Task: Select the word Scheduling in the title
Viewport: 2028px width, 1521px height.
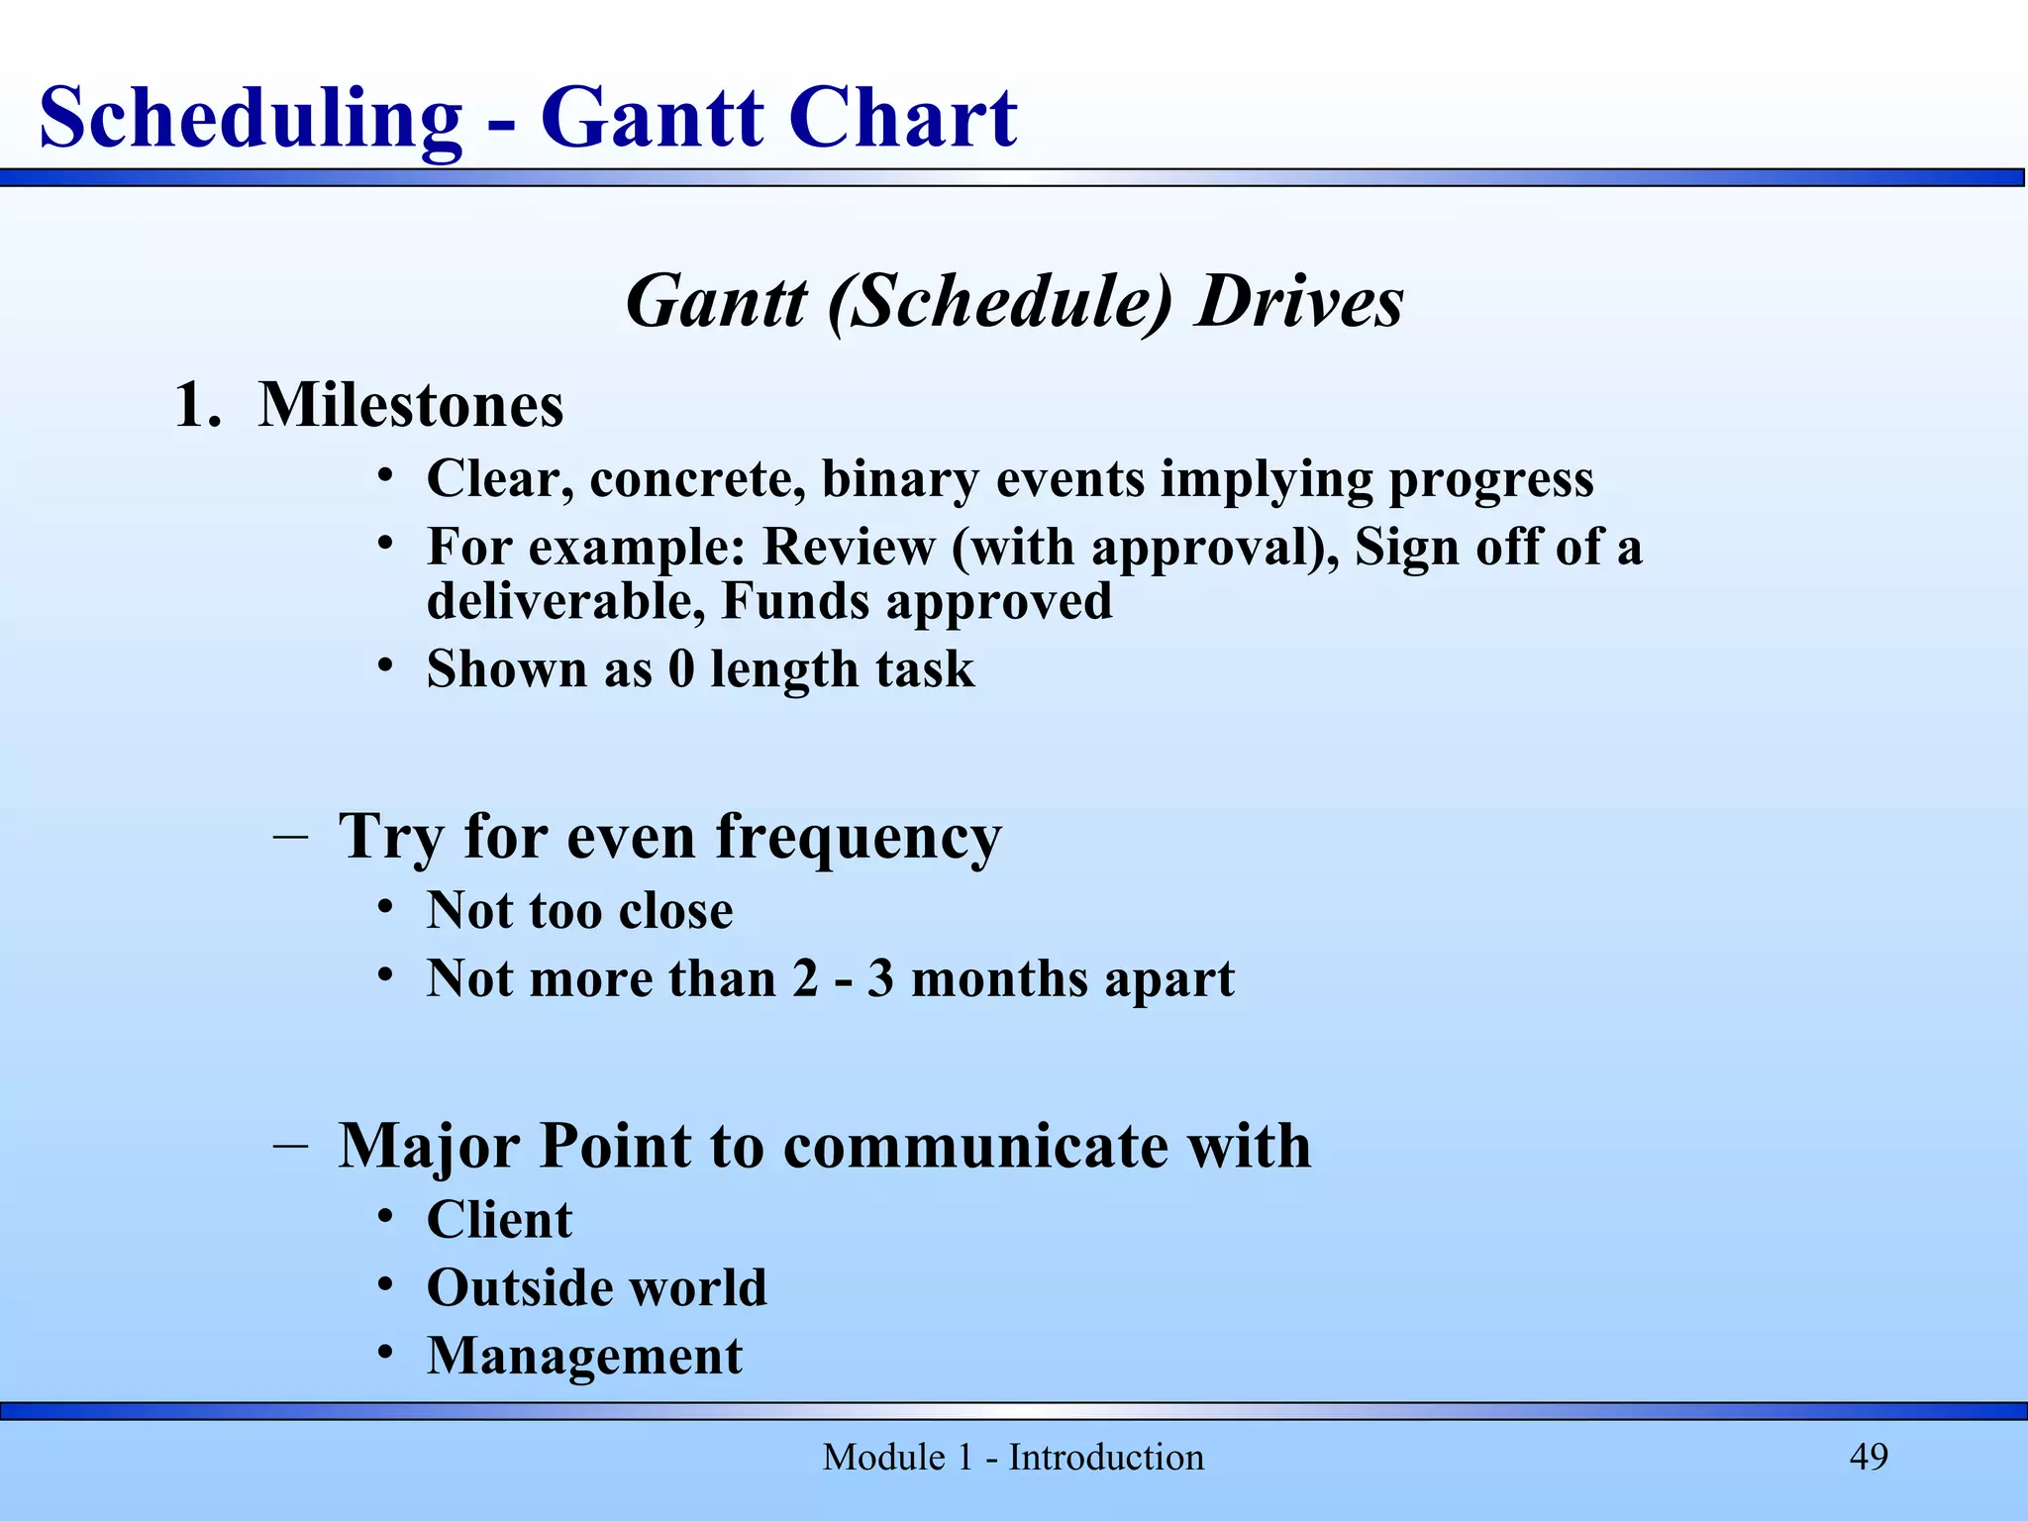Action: click(x=251, y=119)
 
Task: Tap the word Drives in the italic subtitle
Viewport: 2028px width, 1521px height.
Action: click(x=1299, y=301)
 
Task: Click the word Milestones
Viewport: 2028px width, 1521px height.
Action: click(x=411, y=405)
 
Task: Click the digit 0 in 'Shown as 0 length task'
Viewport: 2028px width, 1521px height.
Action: click(x=681, y=668)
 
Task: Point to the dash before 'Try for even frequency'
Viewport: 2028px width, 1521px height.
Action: click(x=289, y=837)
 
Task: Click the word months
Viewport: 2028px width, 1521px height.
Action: click(x=999, y=978)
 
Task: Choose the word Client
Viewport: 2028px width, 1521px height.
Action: click(x=499, y=1220)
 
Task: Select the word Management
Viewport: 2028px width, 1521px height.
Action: click(x=584, y=1357)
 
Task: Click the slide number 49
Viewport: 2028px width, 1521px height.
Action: click(x=1869, y=1457)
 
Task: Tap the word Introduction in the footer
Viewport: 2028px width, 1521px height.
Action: click(x=1106, y=1458)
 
